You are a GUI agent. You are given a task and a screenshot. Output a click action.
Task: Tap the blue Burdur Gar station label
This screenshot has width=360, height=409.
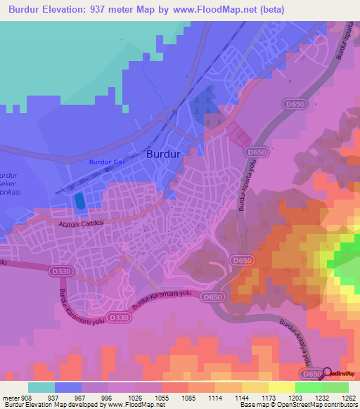point(105,163)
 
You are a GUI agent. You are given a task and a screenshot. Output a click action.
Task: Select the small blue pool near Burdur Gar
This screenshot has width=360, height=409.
point(79,201)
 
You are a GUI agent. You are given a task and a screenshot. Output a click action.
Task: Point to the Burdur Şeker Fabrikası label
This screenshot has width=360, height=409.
point(11,183)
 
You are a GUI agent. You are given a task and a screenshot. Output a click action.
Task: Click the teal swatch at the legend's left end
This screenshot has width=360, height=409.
point(41,387)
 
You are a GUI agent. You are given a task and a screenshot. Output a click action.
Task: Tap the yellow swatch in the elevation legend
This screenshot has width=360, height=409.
point(281,387)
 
